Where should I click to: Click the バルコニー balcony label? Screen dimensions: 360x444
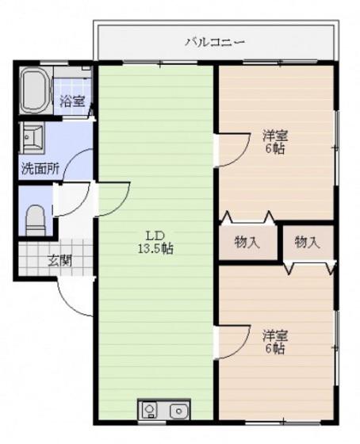215,43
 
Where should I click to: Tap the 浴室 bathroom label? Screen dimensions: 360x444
72,101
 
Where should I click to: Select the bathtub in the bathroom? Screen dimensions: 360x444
35,90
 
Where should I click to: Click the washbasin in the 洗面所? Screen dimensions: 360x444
32,138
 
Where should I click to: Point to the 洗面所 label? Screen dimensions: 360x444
40,169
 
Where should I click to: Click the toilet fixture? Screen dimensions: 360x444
36,220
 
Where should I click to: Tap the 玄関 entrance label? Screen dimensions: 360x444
59,261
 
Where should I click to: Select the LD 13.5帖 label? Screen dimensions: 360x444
155,242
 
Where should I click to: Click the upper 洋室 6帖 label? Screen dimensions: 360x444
275,142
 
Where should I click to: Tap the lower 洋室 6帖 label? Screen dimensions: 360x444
275,342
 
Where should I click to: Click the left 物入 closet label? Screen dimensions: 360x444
247,243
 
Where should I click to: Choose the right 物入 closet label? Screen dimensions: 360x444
308,243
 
